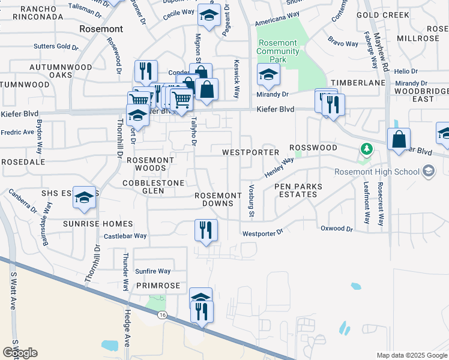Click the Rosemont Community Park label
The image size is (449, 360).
pyautogui.click(x=277, y=52)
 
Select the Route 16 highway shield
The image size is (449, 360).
pyautogui.click(x=162, y=314)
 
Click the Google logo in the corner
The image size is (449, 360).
pyautogui.click(x=20, y=353)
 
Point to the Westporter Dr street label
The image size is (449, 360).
pyautogui.click(x=262, y=233)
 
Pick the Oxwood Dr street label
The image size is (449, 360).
pyautogui.click(x=337, y=229)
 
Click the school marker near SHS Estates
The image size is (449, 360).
pyautogui.click(x=85, y=198)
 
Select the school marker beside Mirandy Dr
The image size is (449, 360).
pyautogui.click(x=268, y=75)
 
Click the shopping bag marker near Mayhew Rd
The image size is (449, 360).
pyautogui.click(x=399, y=140)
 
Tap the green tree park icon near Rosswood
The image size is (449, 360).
pyautogui.click(x=365, y=148)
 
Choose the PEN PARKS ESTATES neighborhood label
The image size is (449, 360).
pyautogui.click(x=298, y=191)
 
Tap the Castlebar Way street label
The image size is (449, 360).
pyautogui.click(x=125, y=236)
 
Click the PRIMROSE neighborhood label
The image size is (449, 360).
pyautogui.click(x=158, y=286)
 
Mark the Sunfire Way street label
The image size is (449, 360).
pyautogui.click(x=152, y=272)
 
